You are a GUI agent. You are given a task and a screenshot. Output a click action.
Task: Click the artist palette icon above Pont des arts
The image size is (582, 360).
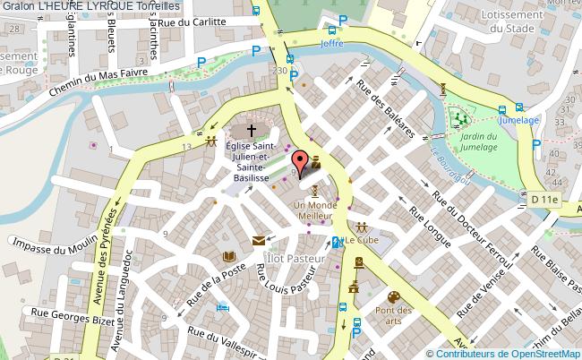[392, 296]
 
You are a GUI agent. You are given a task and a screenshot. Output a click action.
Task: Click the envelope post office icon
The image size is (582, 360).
[259, 239]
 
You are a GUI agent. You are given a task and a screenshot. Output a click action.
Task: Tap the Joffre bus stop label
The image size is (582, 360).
[331, 42]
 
